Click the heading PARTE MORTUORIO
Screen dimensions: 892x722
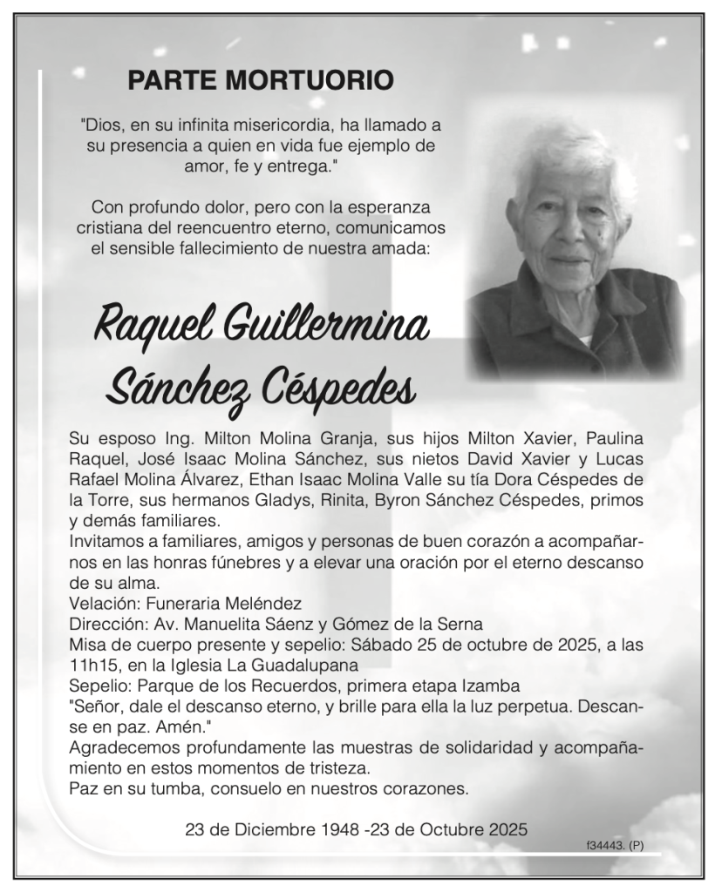[260, 81]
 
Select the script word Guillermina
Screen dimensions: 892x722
[326, 328]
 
